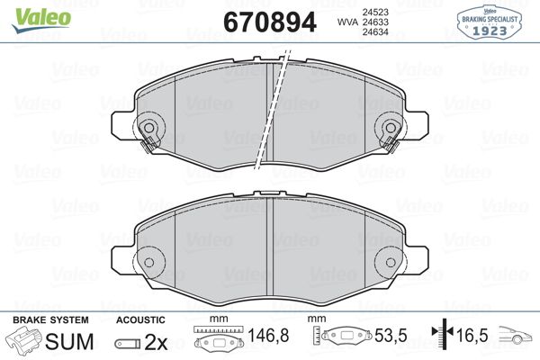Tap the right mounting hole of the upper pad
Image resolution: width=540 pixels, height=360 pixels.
[390, 128]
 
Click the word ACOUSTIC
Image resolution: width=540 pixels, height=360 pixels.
[140, 320]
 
